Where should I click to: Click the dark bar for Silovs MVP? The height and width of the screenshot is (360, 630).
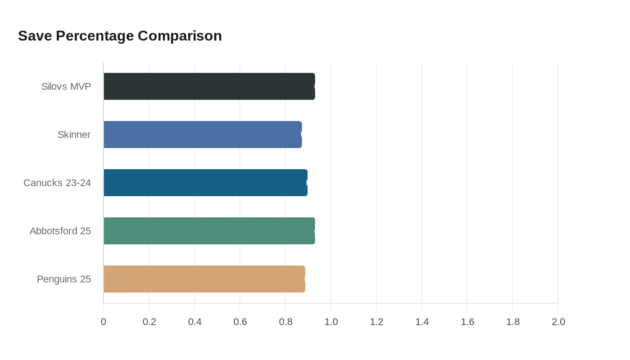pyautogui.click(x=209, y=86)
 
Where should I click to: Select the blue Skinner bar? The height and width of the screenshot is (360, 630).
pyautogui.click(x=202, y=135)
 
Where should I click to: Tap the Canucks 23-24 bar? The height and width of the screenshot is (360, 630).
pyautogui.click(x=205, y=183)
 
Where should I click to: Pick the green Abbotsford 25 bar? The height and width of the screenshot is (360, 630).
pyautogui.click(x=209, y=231)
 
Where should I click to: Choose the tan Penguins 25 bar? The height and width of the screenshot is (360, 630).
pyautogui.click(x=204, y=279)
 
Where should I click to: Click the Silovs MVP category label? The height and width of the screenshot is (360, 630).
pyautogui.click(x=66, y=86)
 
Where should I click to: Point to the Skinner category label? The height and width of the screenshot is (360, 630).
pyautogui.click(x=74, y=135)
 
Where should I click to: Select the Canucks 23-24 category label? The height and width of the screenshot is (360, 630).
pyautogui.click(x=57, y=183)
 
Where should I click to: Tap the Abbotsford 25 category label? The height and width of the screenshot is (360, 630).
pyautogui.click(x=60, y=231)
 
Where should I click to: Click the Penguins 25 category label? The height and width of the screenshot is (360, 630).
pyautogui.click(x=64, y=279)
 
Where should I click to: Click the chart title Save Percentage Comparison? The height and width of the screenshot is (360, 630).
pyautogui.click(x=120, y=36)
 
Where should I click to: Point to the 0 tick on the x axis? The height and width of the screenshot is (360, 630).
pyautogui.click(x=103, y=322)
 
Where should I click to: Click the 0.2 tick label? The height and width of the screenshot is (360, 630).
pyautogui.click(x=149, y=322)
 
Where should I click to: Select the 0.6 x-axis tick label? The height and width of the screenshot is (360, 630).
pyautogui.click(x=240, y=322)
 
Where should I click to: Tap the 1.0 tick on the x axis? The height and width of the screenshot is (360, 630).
pyautogui.click(x=331, y=322)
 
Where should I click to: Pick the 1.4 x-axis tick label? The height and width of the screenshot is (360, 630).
pyautogui.click(x=422, y=322)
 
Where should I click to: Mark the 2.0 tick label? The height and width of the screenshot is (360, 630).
pyautogui.click(x=558, y=322)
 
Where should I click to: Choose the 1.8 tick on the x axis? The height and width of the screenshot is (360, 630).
pyautogui.click(x=513, y=322)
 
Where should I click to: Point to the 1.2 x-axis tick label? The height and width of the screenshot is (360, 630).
pyautogui.click(x=376, y=322)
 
